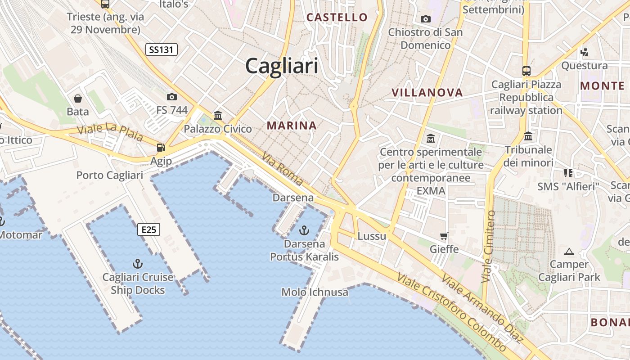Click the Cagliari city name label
tap(282, 66)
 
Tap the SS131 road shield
tap(161, 49)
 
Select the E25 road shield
tap(148, 230)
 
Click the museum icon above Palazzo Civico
tap(218, 115)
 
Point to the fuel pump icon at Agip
tap(161, 147)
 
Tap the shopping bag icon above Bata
tap(78, 98)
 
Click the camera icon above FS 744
tap(171, 97)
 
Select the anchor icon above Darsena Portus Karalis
tap(304, 231)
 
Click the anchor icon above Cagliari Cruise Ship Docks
tap(138, 264)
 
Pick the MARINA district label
tap(292, 126)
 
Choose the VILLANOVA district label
tap(427, 93)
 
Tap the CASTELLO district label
tap(337, 18)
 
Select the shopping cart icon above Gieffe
tap(444, 236)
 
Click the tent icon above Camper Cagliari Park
tap(569, 252)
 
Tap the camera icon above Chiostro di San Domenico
tap(425, 19)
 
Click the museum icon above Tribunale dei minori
tap(528, 136)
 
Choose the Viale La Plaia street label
tap(110, 132)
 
